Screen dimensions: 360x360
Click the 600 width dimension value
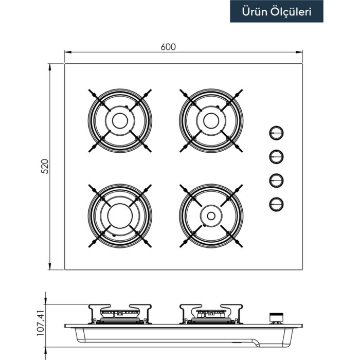click(168, 46)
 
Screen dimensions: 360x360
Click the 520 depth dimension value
click(44, 166)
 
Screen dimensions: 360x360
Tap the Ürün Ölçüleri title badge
click(277, 12)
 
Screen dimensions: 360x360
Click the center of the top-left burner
click(120, 120)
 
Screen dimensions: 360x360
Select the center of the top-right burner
click(211, 120)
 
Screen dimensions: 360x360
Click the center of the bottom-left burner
click(120, 215)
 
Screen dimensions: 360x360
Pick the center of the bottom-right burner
click(211, 215)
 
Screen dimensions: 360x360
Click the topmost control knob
click(276, 133)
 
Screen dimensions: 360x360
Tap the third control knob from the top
click(276, 180)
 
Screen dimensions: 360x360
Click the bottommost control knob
click(276, 204)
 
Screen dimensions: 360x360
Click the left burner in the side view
click(120, 314)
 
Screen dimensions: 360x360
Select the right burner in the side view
click(211, 314)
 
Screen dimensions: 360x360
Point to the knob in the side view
click(277, 318)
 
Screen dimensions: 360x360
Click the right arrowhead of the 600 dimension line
click(300, 52)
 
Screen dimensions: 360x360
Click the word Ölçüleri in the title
click(292, 12)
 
